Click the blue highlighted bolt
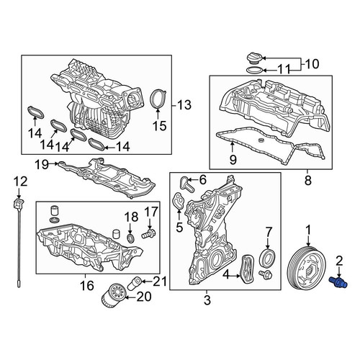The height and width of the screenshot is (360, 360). click(x=338, y=282)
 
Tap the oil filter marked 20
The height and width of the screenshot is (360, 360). click(x=113, y=294)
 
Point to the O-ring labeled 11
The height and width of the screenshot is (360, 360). click(x=255, y=71)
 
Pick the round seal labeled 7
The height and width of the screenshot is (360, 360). click(x=268, y=258)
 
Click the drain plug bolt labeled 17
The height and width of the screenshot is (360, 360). click(x=149, y=234)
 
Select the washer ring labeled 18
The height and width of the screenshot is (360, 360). click(x=131, y=238)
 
